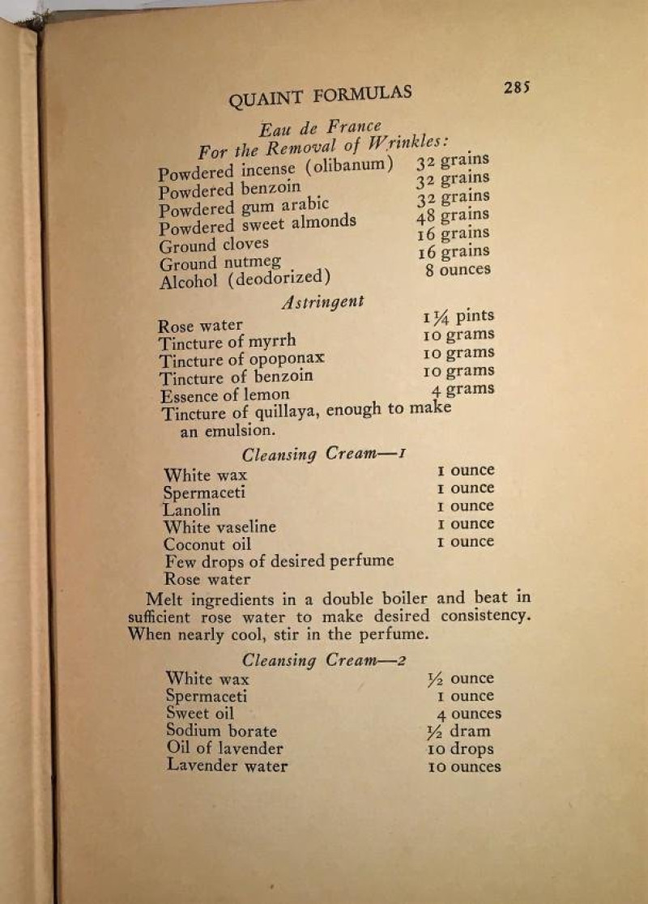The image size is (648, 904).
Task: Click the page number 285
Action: click(x=516, y=87)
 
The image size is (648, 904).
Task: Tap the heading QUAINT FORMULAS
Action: click(x=320, y=96)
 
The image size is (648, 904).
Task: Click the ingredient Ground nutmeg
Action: click(x=220, y=262)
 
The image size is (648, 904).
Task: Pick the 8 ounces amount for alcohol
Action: click(x=458, y=270)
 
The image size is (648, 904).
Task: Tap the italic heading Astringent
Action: click(x=322, y=302)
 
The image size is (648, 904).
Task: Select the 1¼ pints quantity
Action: click(x=458, y=317)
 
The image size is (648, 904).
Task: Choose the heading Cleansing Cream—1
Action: click(x=322, y=454)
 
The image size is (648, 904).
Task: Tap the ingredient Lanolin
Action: click(x=191, y=510)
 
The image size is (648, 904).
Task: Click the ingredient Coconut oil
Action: click(x=207, y=544)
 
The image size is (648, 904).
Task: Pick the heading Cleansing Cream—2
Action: click(x=323, y=659)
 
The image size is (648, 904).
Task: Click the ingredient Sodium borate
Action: click(x=221, y=731)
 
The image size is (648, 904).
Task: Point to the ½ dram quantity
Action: click(x=458, y=731)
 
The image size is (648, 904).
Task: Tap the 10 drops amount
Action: click(x=460, y=748)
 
